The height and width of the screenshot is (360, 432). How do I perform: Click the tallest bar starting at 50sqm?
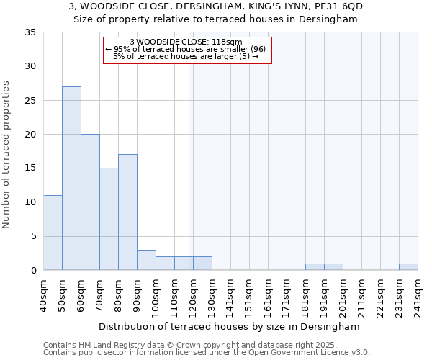point(71,179)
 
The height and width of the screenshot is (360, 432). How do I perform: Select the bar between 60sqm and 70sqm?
point(90,202)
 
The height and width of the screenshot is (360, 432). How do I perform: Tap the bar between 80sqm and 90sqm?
point(127,212)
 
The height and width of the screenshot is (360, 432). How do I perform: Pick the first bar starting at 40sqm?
point(53,233)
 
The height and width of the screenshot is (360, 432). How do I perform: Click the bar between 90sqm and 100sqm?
point(146,260)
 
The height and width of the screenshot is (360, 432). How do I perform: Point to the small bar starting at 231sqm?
point(408,267)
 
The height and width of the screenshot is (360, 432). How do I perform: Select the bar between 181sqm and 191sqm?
point(315,267)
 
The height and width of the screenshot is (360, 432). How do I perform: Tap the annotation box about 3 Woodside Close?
point(187,50)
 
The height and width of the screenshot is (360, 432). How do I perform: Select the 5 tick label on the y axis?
point(33,236)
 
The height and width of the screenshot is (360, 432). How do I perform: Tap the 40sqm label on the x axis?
point(43,295)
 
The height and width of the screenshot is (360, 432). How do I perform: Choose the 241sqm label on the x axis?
point(418,295)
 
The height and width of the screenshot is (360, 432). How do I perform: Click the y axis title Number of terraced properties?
point(7,155)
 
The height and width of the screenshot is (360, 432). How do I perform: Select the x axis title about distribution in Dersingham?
point(229,326)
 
